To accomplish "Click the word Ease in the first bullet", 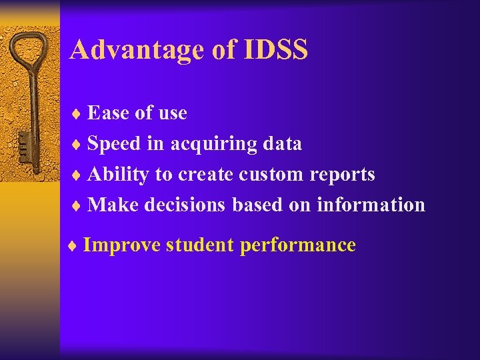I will pos(109,113).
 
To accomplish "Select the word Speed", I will pos(117,143).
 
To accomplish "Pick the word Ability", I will pos(118,175).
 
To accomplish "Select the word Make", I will pos(112,205).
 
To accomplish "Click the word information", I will pos(371,205).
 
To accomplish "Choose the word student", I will pos(200,245).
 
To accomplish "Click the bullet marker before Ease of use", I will pos(75,114).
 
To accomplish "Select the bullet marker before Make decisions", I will pos(75,205).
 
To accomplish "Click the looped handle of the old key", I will pos(30,57).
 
